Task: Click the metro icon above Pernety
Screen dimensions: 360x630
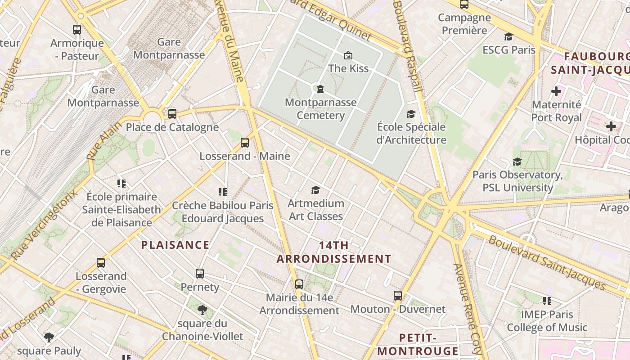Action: [x=200, y=274]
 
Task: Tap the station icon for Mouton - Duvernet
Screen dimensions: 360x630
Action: [x=398, y=296]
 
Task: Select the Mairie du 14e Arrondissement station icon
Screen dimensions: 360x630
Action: [x=299, y=284]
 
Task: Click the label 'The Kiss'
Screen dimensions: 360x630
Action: [x=348, y=68]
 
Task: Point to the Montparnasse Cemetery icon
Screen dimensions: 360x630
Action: [x=320, y=89]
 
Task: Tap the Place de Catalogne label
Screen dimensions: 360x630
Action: [x=172, y=127]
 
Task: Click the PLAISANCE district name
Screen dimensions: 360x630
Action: [x=175, y=245]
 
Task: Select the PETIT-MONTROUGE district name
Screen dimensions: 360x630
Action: [x=418, y=344]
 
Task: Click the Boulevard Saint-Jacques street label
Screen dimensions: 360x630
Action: [x=547, y=262]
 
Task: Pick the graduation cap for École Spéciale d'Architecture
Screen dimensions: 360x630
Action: [x=411, y=114]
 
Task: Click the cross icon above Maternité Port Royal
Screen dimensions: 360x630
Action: [x=556, y=92]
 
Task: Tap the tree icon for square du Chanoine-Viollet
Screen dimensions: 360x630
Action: [x=202, y=310]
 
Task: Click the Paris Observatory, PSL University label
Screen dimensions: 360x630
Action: [x=517, y=181]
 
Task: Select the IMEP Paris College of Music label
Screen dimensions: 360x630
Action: [x=547, y=321]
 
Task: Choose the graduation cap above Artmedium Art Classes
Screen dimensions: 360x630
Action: [x=315, y=190]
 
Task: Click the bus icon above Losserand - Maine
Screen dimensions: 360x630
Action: [x=245, y=143]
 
